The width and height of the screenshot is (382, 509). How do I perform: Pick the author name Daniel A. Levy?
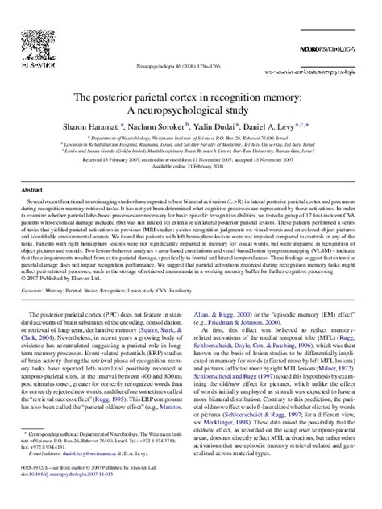pos(274,128)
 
